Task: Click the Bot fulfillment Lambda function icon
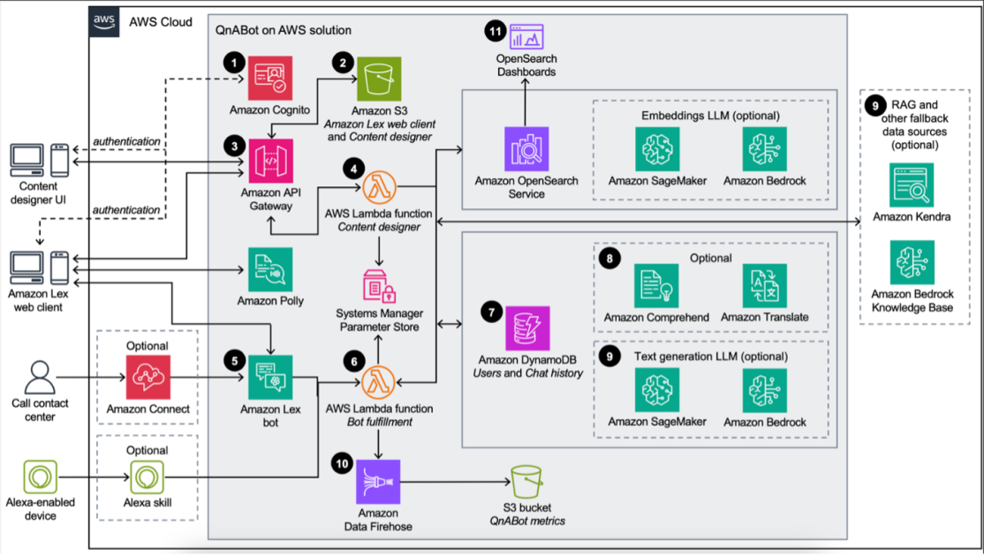tap(380, 381)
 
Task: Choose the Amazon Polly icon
tap(270, 268)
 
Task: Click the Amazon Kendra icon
tap(912, 185)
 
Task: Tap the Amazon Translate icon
tap(765, 286)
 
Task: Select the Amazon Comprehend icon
tap(656, 286)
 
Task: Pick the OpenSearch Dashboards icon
tap(526, 36)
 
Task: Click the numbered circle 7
tap(491, 311)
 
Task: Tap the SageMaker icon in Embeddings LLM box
tap(656, 149)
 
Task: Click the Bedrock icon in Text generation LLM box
tap(765, 391)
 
